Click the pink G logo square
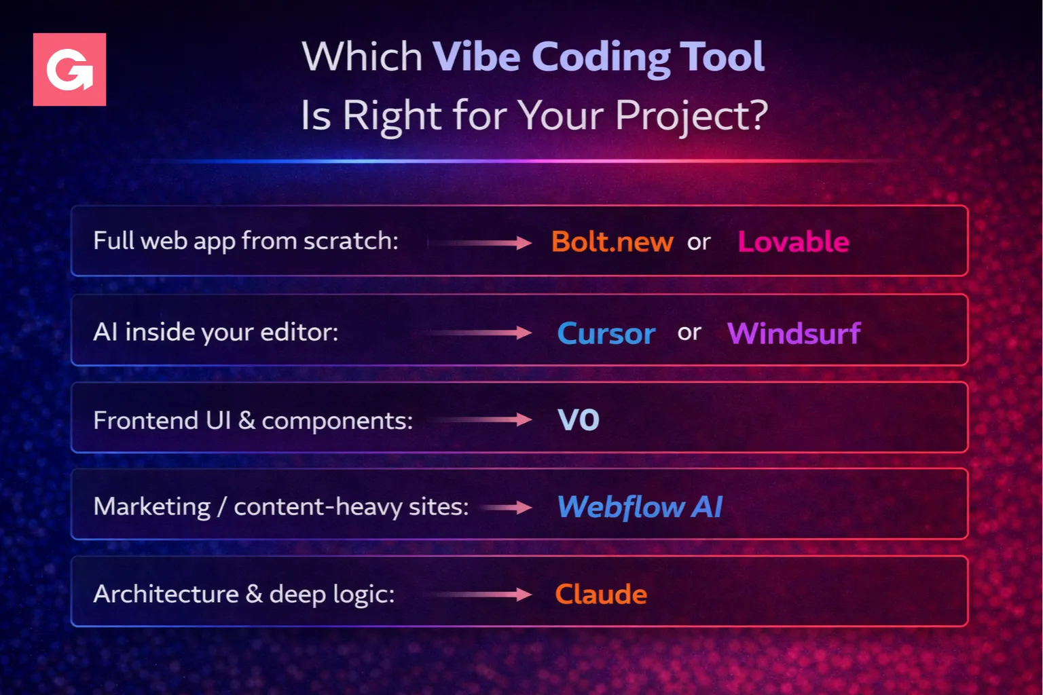[x=69, y=69]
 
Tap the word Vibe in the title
[x=477, y=56]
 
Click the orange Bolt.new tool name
[x=612, y=242]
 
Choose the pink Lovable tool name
[x=793, y=242]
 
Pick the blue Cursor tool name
[x=606, y=333]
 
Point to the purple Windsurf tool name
[x=794, y=333]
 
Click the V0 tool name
[x=579, y=420]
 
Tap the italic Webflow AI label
[x=640, y=506]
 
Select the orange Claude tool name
[x=601, y=594]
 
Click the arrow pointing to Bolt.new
[x=479, y=242]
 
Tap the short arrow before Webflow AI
[x=507, y=507]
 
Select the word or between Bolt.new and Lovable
[x=699, y=242]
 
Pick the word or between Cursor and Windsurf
[x=690, y=333]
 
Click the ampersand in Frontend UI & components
[x=246, y=420]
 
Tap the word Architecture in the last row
[x=166, y=594]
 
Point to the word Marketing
[x=152, y=507]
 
